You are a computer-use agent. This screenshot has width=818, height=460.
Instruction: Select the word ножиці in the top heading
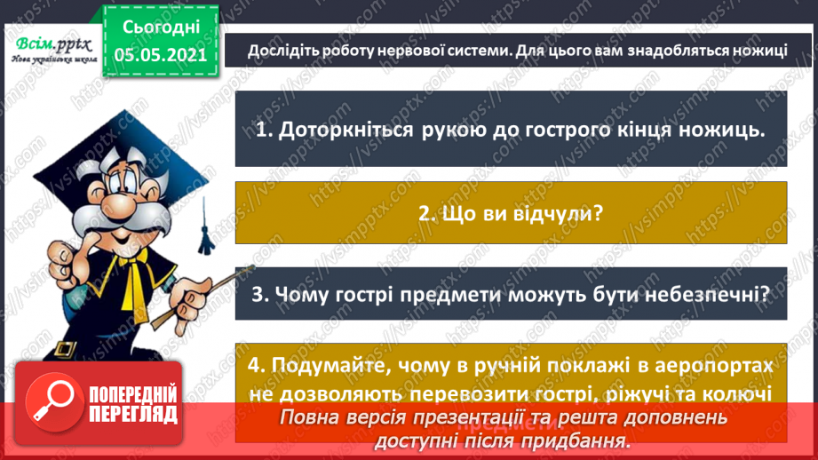click(754, 50)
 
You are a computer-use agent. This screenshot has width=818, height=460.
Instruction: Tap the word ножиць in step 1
click(722, 131)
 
